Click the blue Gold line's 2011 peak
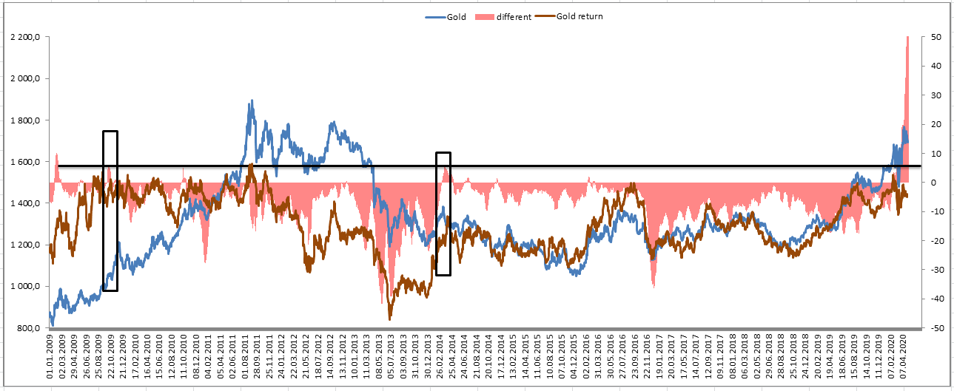click(x=252, y=101)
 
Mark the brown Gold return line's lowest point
click(x=390, y=319)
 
